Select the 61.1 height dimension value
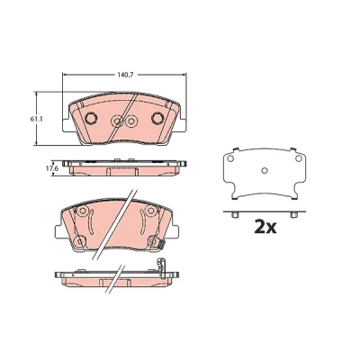36,119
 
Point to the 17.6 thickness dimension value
51,168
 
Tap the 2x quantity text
265,227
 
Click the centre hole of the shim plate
265,170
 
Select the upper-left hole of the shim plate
230,158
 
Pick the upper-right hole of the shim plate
298,158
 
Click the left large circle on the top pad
90,118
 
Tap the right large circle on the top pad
157,118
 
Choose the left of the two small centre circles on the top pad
116,121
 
